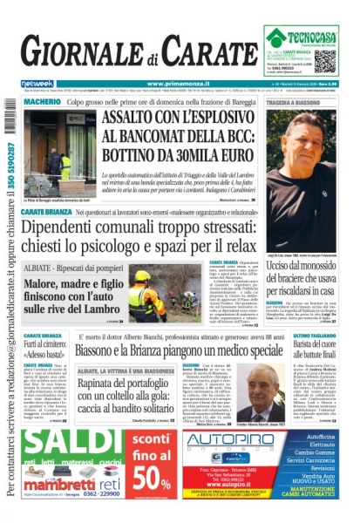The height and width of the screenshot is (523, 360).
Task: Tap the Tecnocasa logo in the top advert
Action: (x=301, y=37)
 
